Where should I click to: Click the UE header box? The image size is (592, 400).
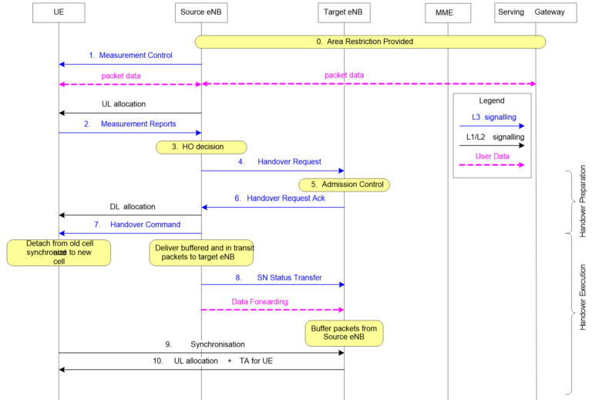tap(59, 13)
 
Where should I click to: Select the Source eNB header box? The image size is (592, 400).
tap(201, 13)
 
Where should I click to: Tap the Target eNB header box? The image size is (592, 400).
tap(344, 13)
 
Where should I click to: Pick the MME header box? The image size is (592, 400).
tap(448, 13)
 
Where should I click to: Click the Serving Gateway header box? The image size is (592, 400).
tap(536, 13)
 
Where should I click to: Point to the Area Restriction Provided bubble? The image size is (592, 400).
tap(370, 42)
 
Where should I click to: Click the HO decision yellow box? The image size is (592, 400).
tap(201, 147)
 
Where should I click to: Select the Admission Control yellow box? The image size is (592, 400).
tap(344, 185)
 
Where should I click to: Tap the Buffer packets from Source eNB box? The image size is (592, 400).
tap(344, 334)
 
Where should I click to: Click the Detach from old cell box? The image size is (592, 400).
tap(59, 253)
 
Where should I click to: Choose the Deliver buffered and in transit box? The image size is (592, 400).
tap(201, 253)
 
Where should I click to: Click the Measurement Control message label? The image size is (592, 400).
tap(131, 56)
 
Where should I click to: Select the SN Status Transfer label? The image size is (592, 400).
tap(278, 277)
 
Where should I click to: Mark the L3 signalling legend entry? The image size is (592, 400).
tap(491, 117)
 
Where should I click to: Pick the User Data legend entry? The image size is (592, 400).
tap(491, 156)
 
